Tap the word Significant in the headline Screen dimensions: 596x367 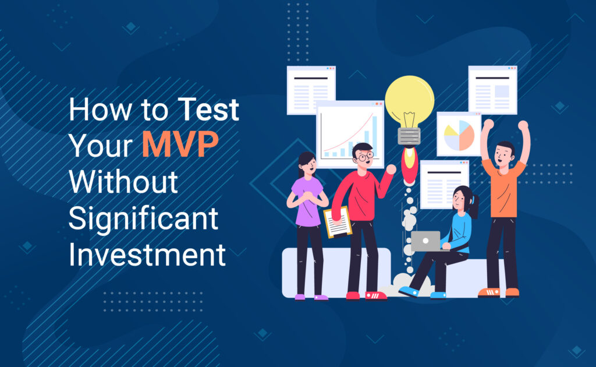143,220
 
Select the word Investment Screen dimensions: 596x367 147,254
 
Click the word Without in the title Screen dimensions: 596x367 123,181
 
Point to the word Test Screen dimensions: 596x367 208,109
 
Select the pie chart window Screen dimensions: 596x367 459,134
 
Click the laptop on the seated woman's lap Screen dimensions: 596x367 425,241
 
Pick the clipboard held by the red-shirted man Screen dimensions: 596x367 338,223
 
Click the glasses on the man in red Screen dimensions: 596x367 366,156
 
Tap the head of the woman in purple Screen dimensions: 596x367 307,164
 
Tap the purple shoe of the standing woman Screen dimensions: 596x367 321,298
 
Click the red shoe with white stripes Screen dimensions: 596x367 376,296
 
